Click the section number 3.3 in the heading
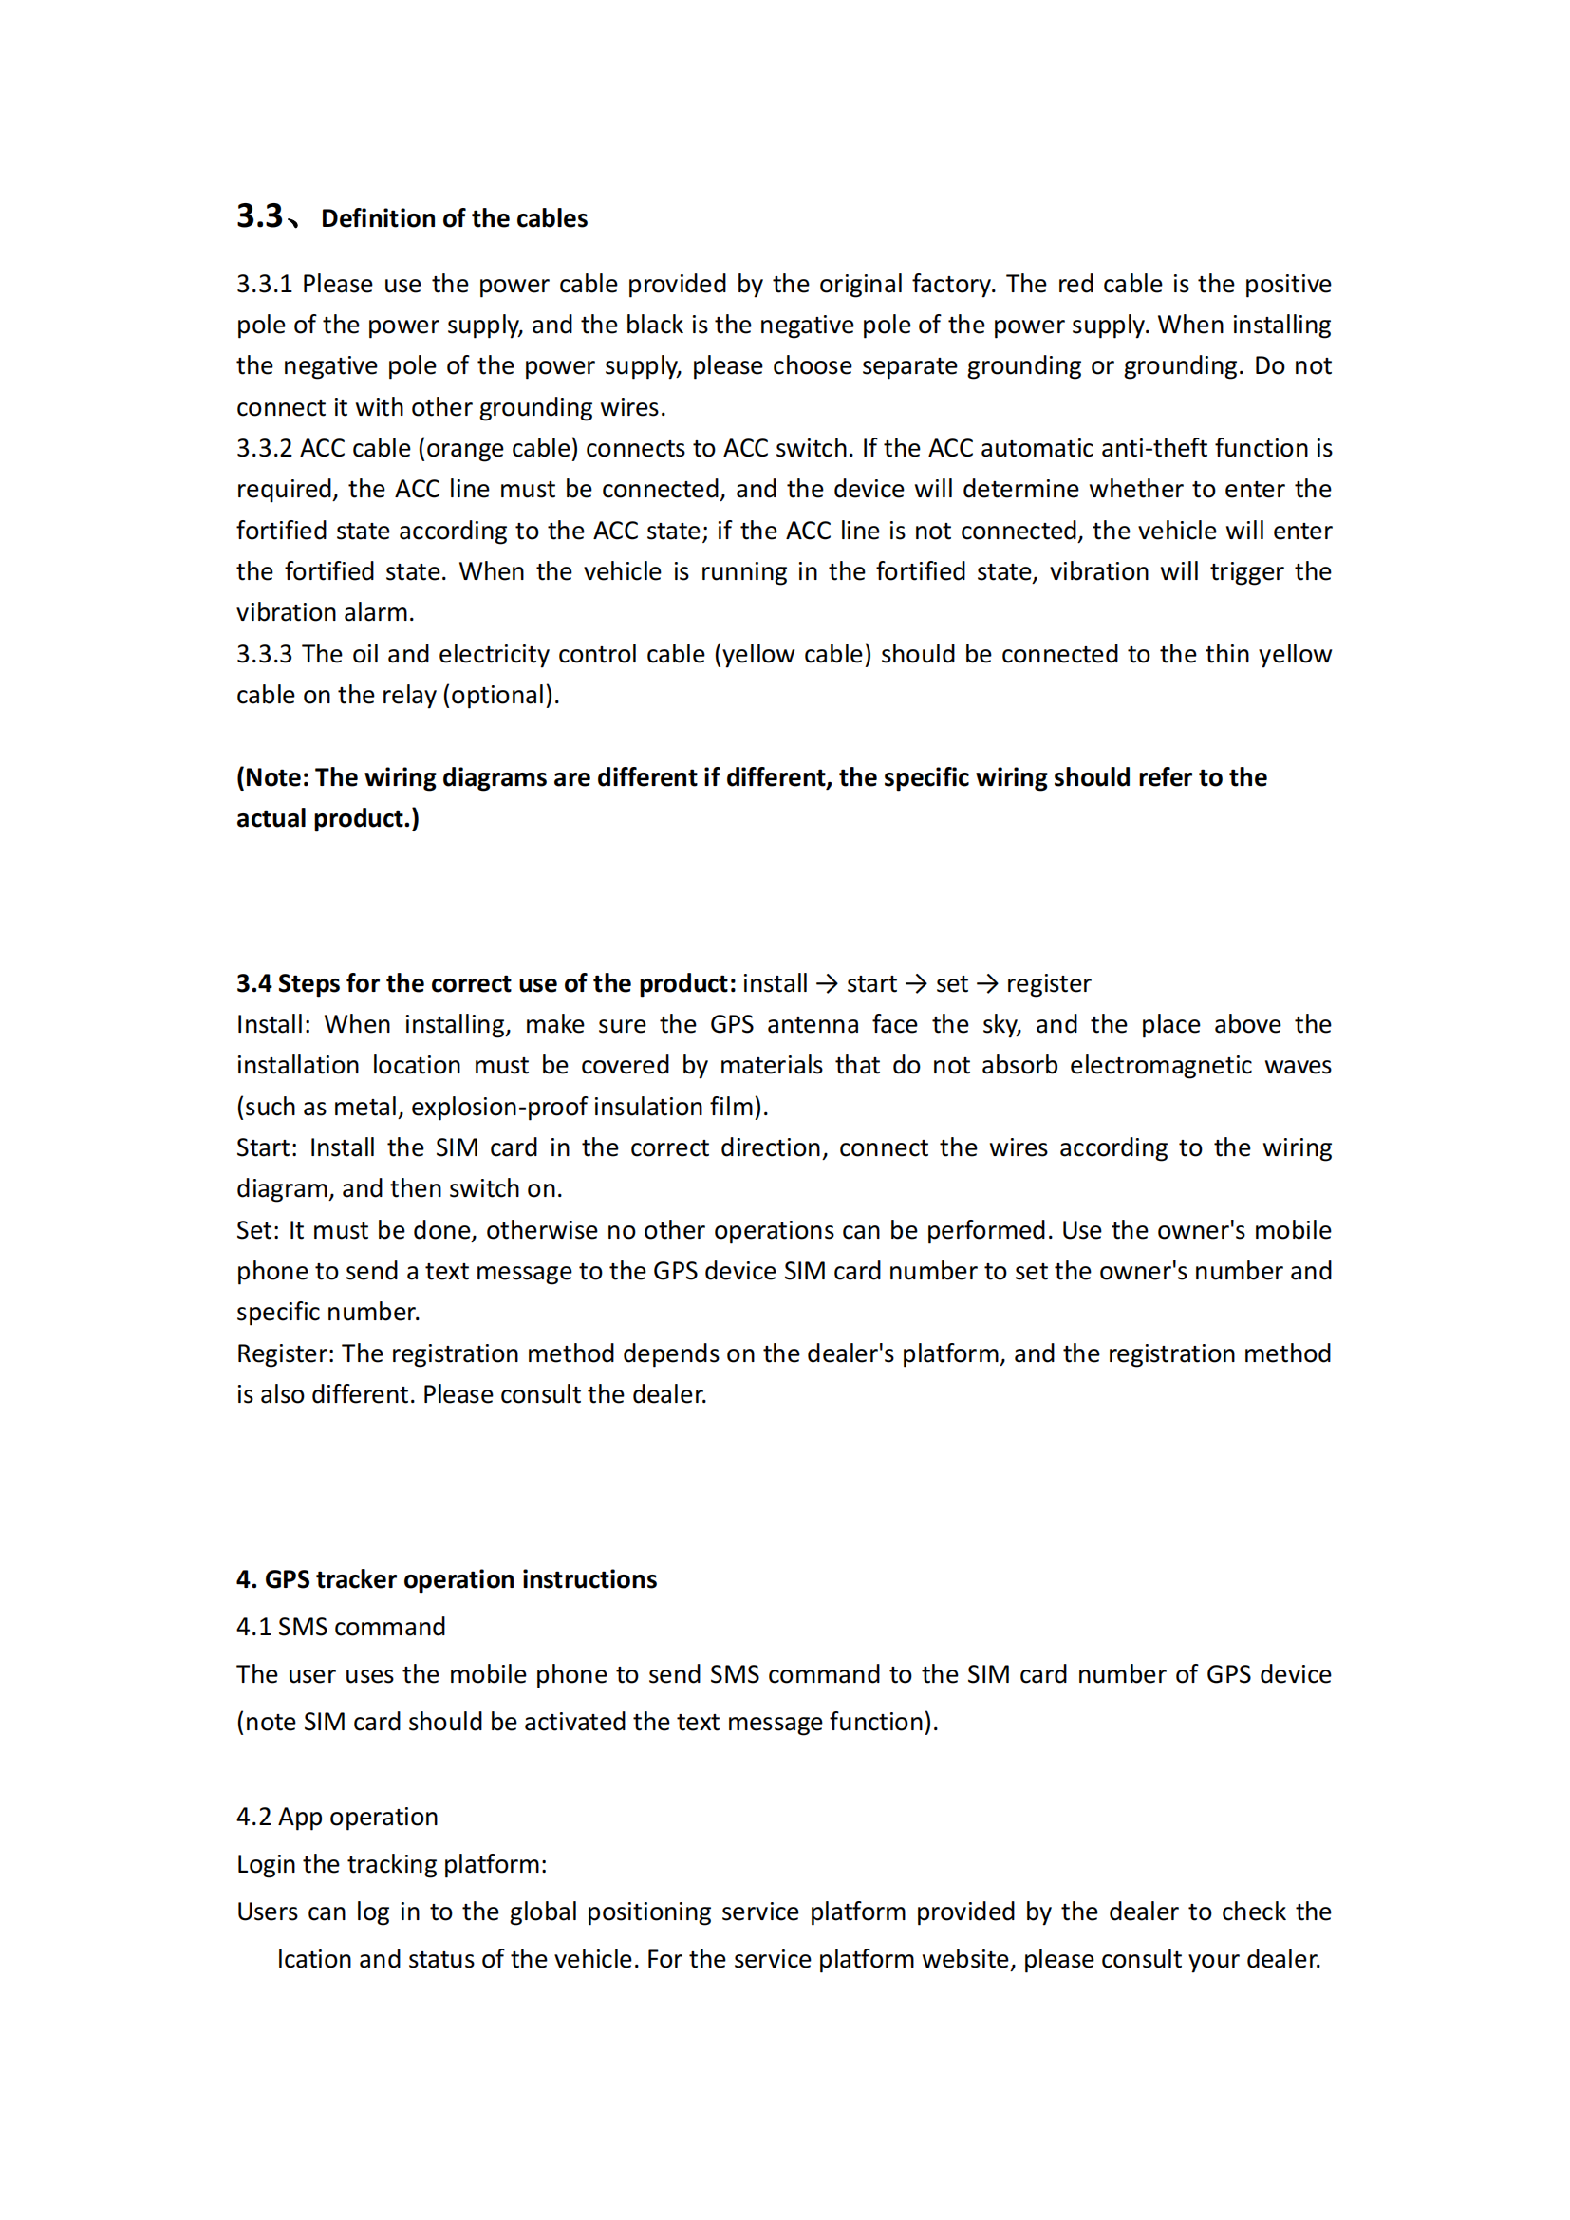click(259, 215)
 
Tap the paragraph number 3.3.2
click(264, 449)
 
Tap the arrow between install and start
click(827, 983)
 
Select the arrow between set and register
click(987, 983)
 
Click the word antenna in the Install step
click(813, 1025)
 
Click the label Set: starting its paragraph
click(258, 1230)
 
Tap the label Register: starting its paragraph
click(285, 1353)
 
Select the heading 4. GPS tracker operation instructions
click(447, 1579)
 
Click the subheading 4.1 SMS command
click(342, 1627)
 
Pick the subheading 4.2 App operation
click(337, 1817)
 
